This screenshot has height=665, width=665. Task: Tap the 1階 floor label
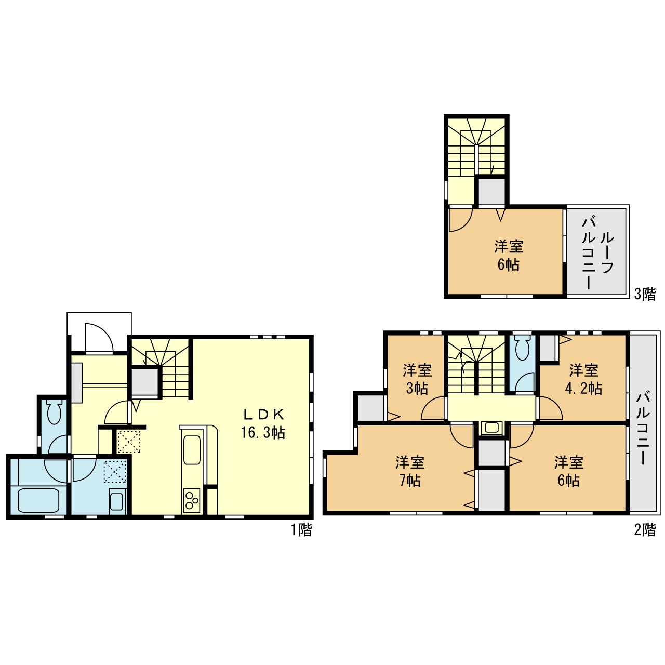tap(301, 530)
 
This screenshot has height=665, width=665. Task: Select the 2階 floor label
tap(645, 530)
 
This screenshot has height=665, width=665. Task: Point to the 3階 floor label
tap(645, 294)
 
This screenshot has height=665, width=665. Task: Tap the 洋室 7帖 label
tap(410, 471)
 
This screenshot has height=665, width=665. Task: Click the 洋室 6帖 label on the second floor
tap(569, 471)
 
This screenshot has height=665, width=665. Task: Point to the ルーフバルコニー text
tap(597, 253)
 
